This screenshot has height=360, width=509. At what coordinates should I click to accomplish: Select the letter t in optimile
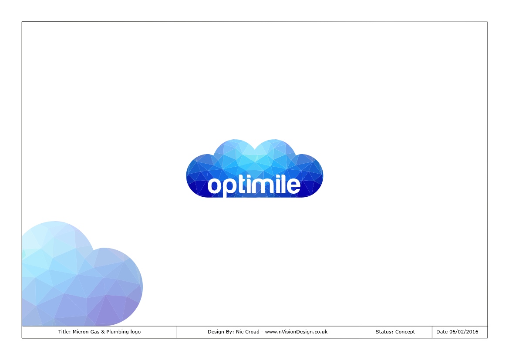click(x=243, y=185)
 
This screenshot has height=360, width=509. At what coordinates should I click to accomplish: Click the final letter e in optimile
click(x=293, y=186)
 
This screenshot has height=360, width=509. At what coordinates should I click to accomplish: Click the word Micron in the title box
click(x=80, y=332)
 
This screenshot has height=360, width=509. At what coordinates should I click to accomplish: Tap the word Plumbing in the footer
click(x=117, y=332)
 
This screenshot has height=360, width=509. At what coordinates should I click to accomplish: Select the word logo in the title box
click(x=135, y=332)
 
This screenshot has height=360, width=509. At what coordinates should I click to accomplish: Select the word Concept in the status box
click(x=405, y=332)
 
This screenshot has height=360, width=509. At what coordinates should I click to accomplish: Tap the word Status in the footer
click(x=384, y=332)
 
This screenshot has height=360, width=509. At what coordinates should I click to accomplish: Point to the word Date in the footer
click(x=442, y=332)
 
